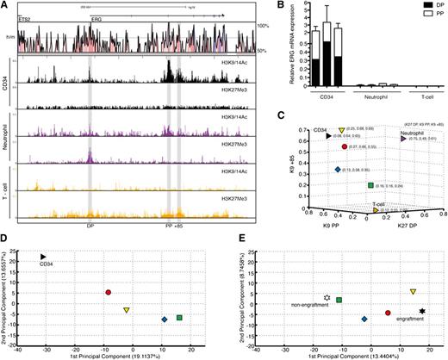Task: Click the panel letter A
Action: [5, 5]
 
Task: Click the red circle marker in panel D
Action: [108, 293]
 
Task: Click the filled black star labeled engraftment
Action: [422, 311]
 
